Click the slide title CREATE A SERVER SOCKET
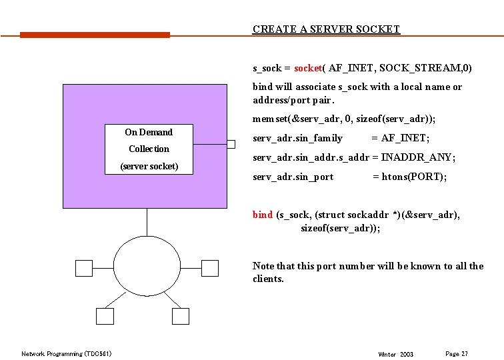326,29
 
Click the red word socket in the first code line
308,68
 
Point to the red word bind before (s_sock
262,215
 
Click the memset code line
343,119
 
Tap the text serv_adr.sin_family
297,138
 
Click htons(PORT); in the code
409,177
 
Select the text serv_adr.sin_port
293,177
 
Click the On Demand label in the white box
149,133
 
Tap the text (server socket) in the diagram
149,165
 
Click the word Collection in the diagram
149,149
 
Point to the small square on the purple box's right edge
231,145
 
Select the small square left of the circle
84,268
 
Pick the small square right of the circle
209,268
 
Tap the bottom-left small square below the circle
105,317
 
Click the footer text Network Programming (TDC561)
67,353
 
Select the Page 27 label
457,353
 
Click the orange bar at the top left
95,35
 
